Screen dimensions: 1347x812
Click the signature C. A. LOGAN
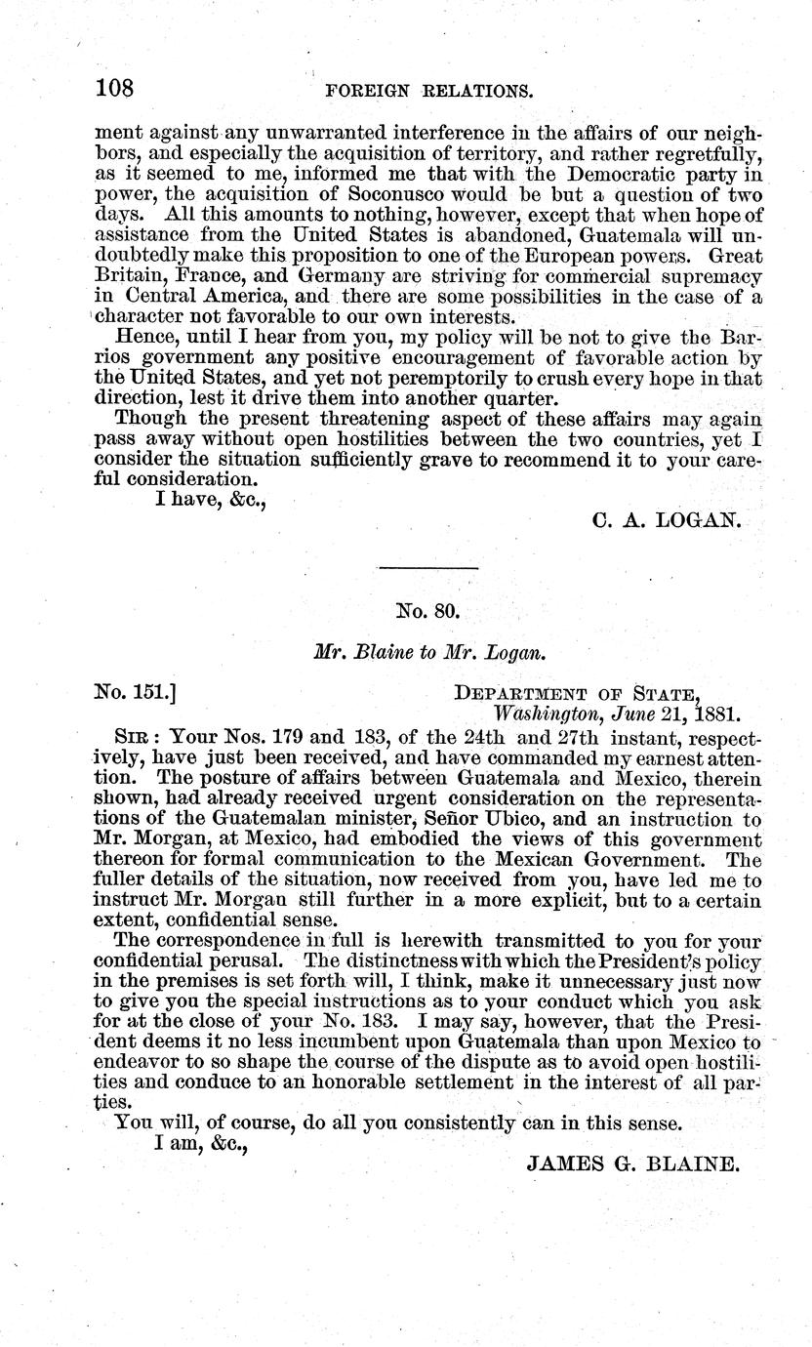[668, 521]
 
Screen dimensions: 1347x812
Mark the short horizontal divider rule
[427, 568]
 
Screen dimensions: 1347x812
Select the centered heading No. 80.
[426, 613]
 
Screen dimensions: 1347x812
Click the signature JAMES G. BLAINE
[633, 1163]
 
